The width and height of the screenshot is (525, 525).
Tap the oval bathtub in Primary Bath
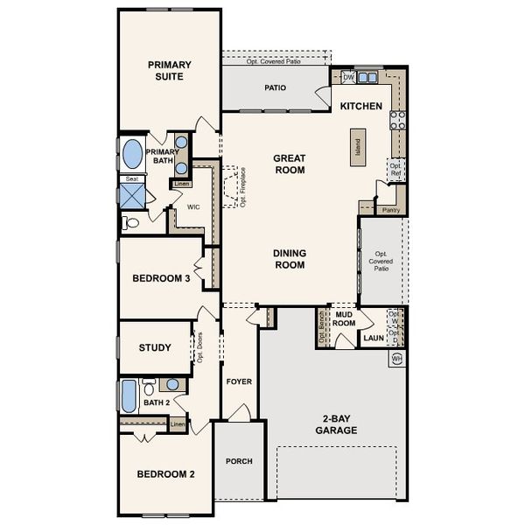132,155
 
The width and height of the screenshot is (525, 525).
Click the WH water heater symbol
397,358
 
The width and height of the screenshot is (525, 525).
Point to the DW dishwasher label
348,78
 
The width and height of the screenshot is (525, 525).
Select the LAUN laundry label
374,337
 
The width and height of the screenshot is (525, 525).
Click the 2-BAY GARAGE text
337,424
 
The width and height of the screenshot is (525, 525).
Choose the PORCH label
239,461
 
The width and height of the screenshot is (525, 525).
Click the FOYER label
239,381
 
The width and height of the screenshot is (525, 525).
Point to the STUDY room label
155,347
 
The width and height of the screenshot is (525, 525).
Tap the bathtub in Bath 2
129,396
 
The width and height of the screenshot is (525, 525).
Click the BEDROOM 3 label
161,279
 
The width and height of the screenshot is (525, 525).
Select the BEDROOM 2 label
165,474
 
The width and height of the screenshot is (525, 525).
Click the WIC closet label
193,206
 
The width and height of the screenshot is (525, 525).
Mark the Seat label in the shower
131,178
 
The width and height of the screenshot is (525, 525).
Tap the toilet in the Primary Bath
131,222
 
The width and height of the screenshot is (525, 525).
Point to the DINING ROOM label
289,258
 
